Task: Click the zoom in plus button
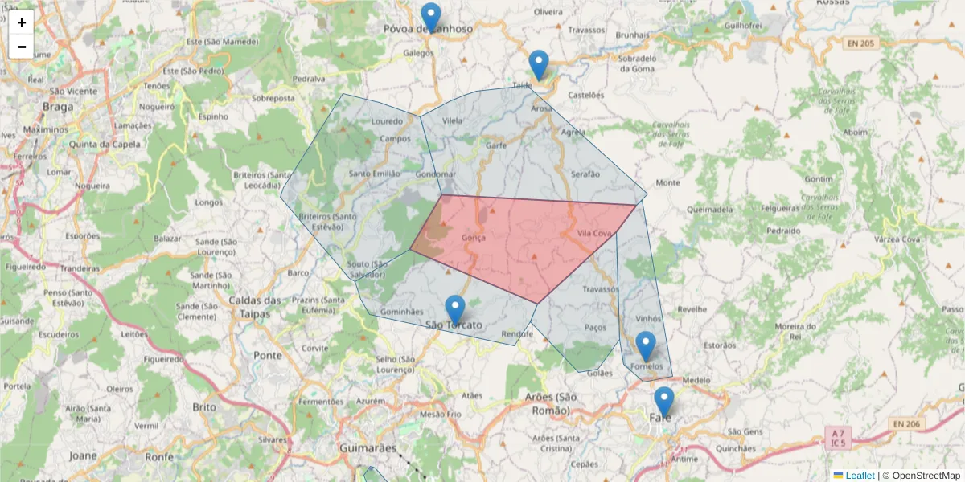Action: click(x=22, y=22)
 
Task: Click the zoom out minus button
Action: click(x=22, y=47)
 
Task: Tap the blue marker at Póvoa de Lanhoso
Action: click(x=431, y=17)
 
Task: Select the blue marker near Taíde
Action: click(x=539, y=64)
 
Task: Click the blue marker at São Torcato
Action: click(x=455, y=310)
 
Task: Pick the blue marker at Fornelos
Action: click(x=646, y=345)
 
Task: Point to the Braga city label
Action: click(x=58, y=107)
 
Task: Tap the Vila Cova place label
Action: click(x=595, y=233)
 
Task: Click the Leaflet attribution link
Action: click(x=860, y=476)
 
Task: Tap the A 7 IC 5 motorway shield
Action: click(x=839, y=438)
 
